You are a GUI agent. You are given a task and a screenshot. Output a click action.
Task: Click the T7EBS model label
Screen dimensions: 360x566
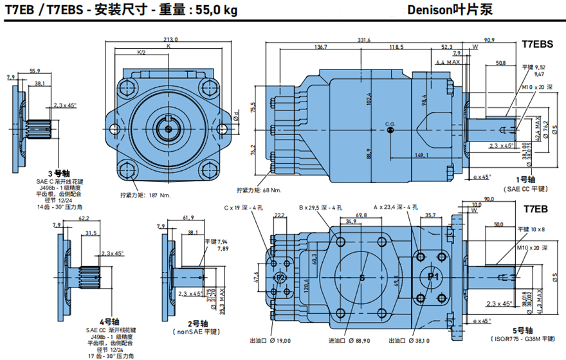(537, 44)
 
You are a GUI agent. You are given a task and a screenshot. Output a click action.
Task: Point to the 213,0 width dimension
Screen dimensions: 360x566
(170, 40)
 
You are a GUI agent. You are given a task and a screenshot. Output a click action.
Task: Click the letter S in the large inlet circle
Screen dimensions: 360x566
(362, 278)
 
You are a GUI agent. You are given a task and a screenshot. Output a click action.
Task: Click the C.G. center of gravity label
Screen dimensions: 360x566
(390, 123)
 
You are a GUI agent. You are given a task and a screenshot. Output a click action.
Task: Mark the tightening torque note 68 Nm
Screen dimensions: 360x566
(259, 190)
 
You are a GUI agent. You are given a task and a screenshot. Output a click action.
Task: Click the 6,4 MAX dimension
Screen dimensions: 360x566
(448, 62)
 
